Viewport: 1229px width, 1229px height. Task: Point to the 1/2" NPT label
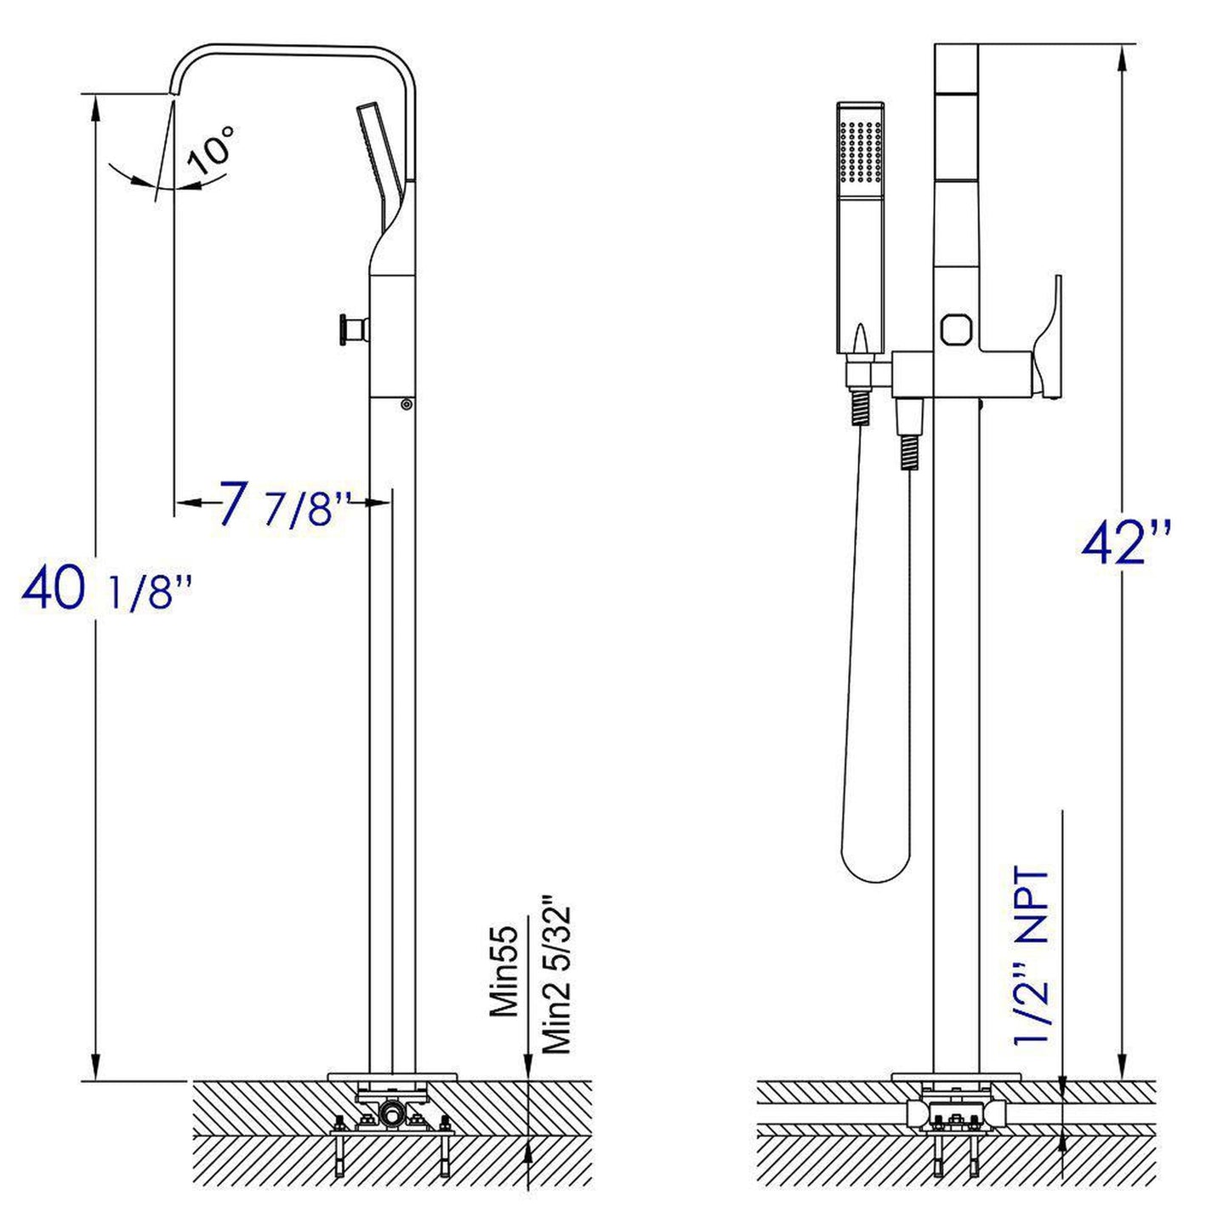point(1032,956)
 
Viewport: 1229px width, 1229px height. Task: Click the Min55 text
point(504,970)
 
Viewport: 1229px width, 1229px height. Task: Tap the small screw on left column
point(407,405)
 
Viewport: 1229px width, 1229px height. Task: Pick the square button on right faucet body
point(956,327)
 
